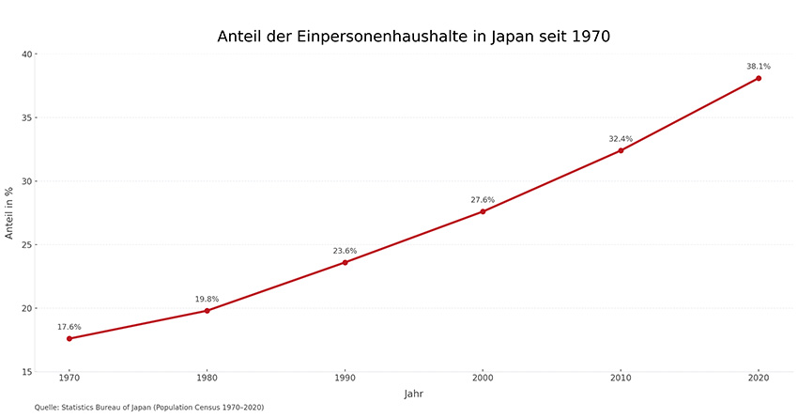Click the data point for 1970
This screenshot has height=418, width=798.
[69, 338]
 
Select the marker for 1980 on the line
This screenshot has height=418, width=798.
[207, 310]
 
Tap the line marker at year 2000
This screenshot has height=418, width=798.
[483, 211]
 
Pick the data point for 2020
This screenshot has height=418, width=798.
[759, 78]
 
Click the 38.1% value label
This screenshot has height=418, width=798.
[759, 67]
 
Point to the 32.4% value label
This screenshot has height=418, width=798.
[621, 139]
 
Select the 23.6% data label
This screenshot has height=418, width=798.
[345, 251]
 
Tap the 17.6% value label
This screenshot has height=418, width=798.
[69, 327]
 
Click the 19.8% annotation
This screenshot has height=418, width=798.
[207, 299]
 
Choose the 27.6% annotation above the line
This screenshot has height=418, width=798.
[483, 200]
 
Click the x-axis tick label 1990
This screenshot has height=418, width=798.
[345, 378]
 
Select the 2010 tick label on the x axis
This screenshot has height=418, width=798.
[621, 378]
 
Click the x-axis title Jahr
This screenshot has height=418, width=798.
[414, 394]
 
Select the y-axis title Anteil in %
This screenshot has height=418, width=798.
[9, 212]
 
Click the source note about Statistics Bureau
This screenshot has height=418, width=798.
[149, 408]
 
